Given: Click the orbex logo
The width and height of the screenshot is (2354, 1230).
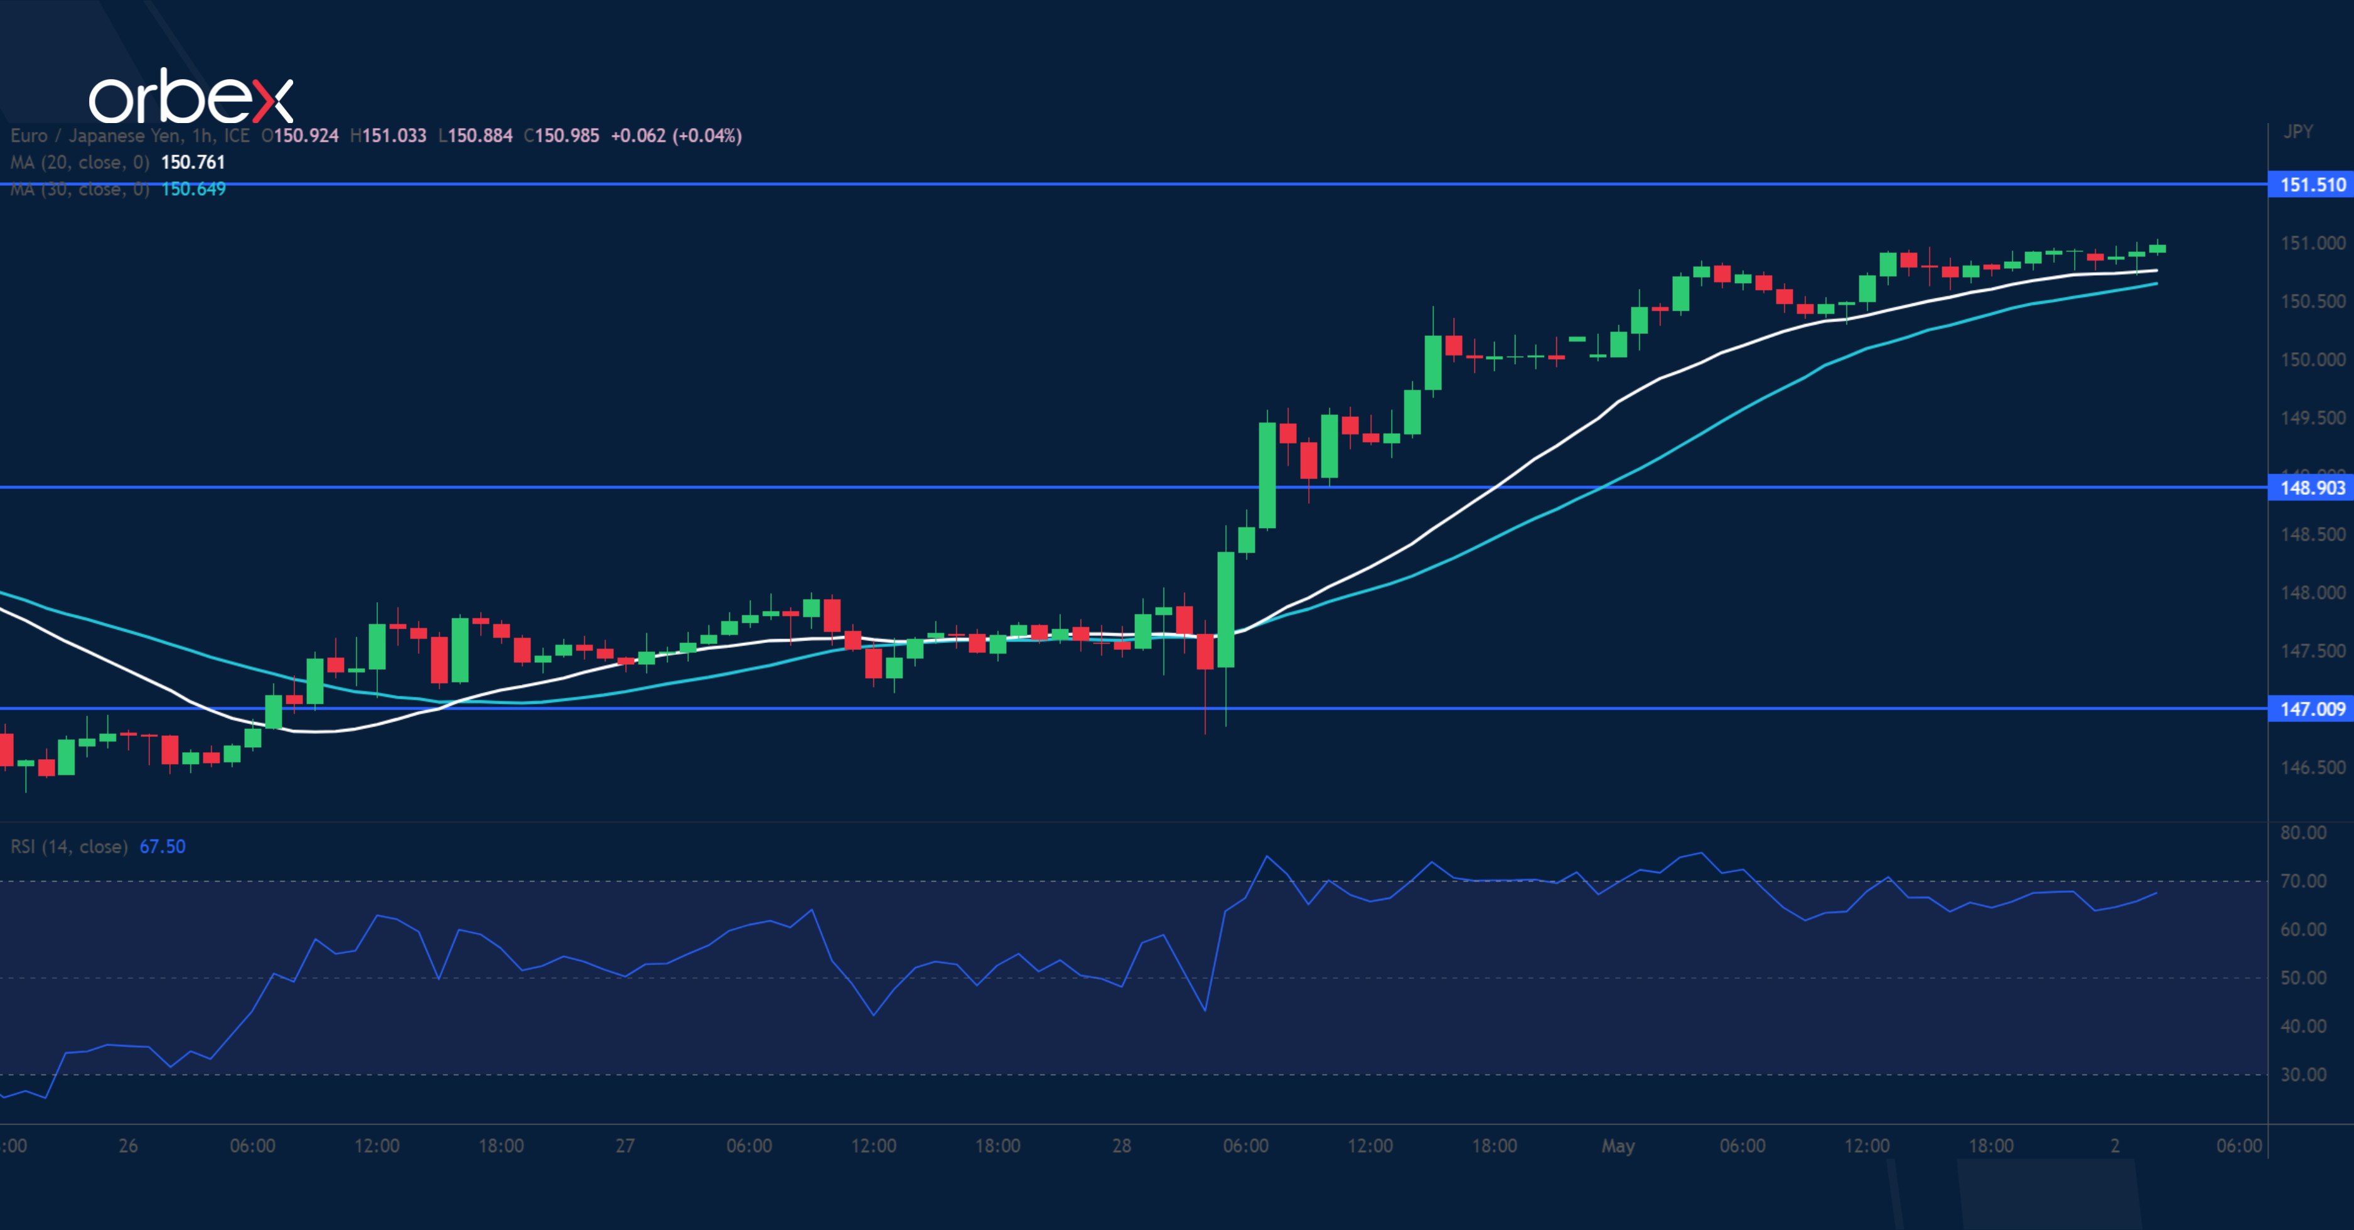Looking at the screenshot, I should [x=190, y=97].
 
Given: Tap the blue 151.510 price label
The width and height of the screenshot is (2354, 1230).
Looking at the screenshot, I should [x=2311, y=185].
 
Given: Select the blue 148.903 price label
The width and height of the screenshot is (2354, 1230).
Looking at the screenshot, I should [x=2311, y=488].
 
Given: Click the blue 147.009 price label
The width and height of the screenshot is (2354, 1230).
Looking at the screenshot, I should [x=2311, y=709].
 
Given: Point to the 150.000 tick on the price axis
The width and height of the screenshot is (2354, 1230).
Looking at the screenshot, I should [x=2312, y=360].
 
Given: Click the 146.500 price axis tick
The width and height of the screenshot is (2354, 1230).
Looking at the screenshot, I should [x=2312, y=768].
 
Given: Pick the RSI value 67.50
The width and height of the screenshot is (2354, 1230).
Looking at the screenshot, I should [x=162, y=847].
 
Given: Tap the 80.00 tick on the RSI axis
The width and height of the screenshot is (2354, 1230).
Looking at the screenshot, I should [x=2303, y=833].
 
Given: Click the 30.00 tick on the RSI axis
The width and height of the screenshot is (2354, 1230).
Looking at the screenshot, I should [x=2303, y=1075].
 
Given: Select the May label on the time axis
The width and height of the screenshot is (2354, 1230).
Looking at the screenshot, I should [x=1618, y=1146].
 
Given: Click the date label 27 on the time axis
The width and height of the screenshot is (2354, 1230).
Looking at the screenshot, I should [x=625, y=1146].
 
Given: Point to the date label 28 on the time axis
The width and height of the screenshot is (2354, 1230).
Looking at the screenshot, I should [x=1121, y=1146].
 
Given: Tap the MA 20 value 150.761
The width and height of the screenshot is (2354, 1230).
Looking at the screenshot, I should [x=193, y=163].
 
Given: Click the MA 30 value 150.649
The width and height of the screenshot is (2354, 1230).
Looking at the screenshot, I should [x=193, y=189].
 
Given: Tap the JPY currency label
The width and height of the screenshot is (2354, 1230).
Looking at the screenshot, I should [x=2298, y=132].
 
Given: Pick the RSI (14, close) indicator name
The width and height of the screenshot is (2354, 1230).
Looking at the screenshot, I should [x=68, y=847].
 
